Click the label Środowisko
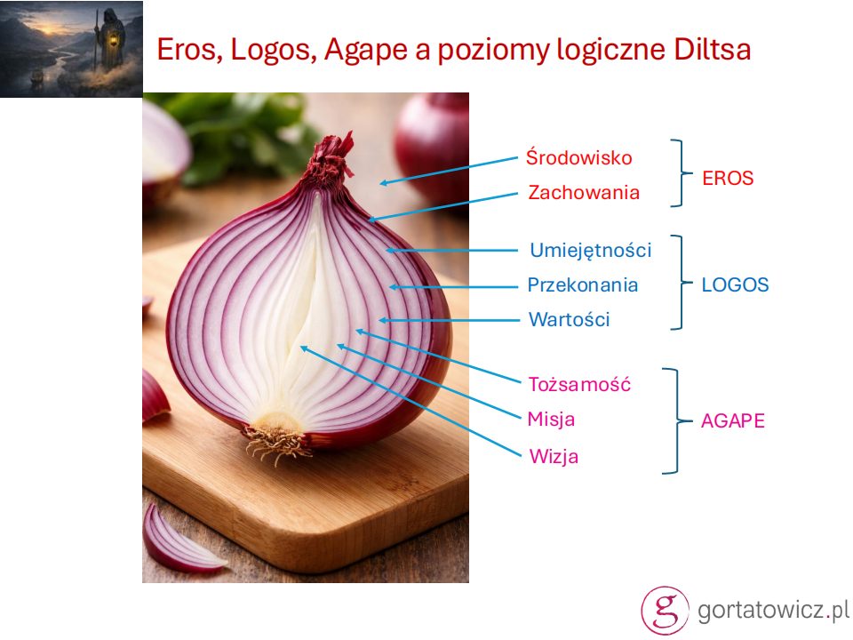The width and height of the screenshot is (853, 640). tap(578, 157)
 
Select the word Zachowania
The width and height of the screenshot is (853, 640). tap(584, 192)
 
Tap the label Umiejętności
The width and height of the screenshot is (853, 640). tap(590, 251)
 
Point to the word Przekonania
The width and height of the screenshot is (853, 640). tap(583, 284)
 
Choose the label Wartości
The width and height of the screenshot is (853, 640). tap(569, 319)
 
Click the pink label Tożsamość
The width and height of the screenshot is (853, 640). tap(579, 384)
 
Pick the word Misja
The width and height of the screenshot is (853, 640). tap(551, 420)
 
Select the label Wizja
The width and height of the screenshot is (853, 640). tap(554, 456)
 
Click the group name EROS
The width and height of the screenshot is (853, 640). tap(728, 178)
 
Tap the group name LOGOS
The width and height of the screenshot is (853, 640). tap(735, 284)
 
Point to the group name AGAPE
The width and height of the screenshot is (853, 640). tap(733, 420)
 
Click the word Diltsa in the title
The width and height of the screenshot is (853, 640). tap(713, 50)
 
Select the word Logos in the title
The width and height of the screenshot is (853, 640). tap(274, 51)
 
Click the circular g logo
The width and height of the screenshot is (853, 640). tap(665, 610)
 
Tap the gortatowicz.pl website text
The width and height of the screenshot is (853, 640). tap(772, 610)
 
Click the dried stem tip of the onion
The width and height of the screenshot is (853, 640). tap(331, 158)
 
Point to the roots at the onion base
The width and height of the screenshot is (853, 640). tap(275, 442)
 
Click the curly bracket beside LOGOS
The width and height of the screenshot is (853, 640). tap(680, 283)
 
